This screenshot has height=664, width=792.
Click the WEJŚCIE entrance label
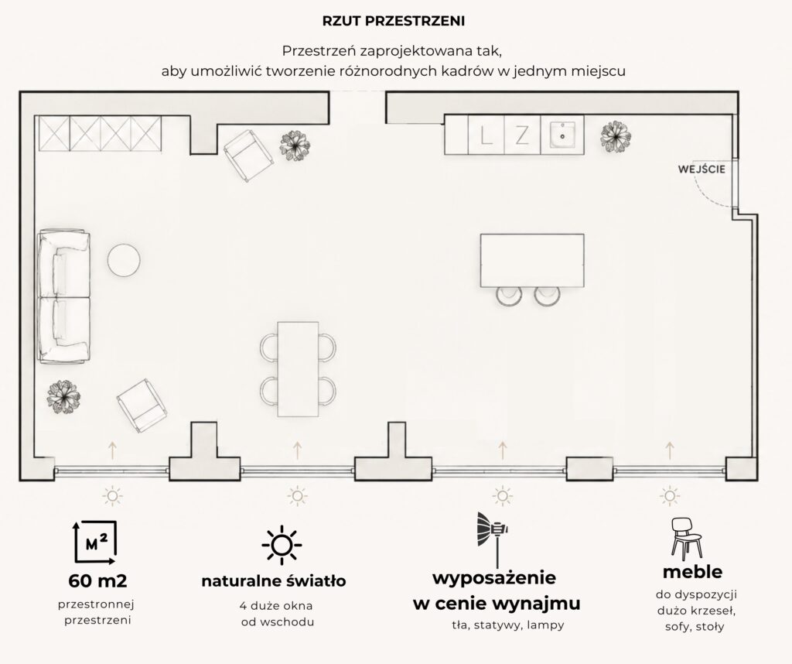pyautogui.click(x=701, y=169)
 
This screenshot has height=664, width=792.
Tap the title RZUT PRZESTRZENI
pyautogui.click(x=394, y=21)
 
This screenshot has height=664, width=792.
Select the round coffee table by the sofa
pyautogui.click(x=124, y=260)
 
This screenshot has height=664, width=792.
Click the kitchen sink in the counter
pyautogui.click(x=562, y=135)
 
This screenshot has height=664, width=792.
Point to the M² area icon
pyautogui.click(x=96, y=542)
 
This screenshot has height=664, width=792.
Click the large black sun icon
pyautogui.click(x=282, y=545)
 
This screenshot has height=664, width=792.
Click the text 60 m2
pyautogui.click(x=97, y=581)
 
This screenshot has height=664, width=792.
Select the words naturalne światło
pyautogui.click(x=273, y=581)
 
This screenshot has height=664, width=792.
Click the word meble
pyautogui.click(x=692, y=572)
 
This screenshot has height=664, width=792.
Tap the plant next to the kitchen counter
pyautogui.click(x=616, y=136)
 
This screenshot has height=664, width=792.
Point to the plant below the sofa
pyautogui.click(x=63, y=396)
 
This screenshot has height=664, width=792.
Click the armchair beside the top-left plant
pyautogui.click(x=248, y=156)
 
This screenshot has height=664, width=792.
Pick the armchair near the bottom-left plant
pyautogui.click(x=142, y=406)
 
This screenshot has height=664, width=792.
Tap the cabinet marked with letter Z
pyautogui.click(x=522, y=135)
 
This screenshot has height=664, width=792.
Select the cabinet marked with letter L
pyautogui.click(x=486, y=135)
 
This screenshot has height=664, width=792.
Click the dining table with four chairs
pyautogui.click(x=298, y=369)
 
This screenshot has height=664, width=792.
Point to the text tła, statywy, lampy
pyautogui.click(x=507, y=625)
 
